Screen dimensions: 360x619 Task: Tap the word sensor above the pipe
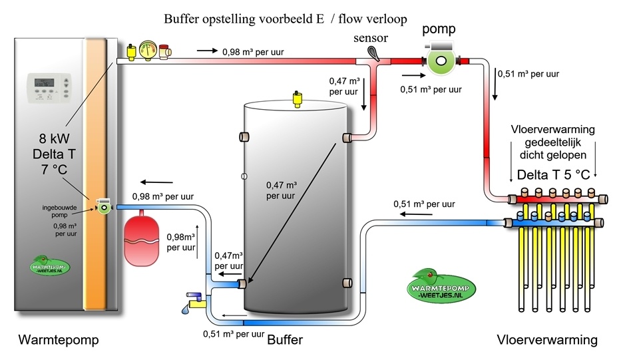pyautogui.click(x=371, y=39)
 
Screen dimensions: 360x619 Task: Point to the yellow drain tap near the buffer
pyautogui.click(x=194, y=303)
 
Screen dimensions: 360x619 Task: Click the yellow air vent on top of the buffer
pyautogui.click(x=297, y=99)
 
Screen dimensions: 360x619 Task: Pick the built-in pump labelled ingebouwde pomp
pyautogui.click(x=104, y=208)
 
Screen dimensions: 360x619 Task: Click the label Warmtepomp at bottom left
pyautogui.click(x=59, y=340)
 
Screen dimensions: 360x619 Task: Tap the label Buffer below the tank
pyautogui.click(x=285, y=340)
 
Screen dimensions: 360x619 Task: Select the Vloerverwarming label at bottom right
pyautogui.click(x=547, y=340)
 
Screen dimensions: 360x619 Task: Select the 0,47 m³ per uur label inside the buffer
pyautogui.click(x=281, y=190)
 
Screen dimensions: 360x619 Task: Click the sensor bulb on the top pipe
pyautogui.click(x=376, y=51)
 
